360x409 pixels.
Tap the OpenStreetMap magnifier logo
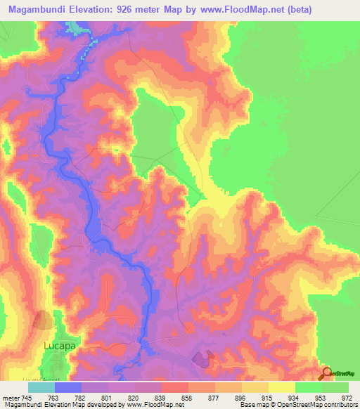click(327, 372)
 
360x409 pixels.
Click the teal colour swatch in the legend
click(41, 388)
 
